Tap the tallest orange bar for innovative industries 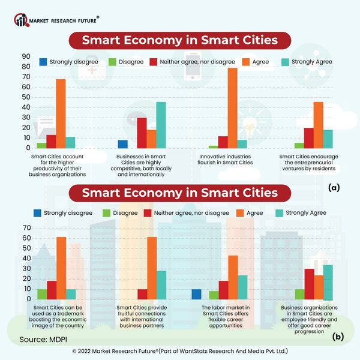tap(232, 108)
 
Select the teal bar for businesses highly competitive tap(161, 125)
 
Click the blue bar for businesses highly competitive tap(122, 144)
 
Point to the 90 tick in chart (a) tap(26, 56)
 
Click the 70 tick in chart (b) tap(26, 228)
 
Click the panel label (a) tap(334, 188)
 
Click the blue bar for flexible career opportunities tap(196, 294)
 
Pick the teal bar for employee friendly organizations tap(328, 283)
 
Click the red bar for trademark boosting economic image tap(52, 290)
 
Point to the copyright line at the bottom tap(180, 351)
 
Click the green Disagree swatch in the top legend tap(114, 62)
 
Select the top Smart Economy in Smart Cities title tap(180, 41)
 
